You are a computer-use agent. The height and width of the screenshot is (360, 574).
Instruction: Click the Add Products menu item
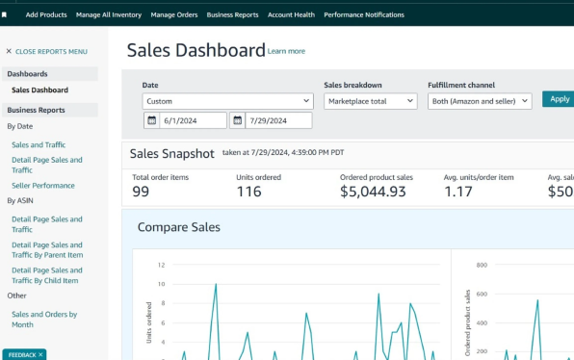click(x=46, y=15)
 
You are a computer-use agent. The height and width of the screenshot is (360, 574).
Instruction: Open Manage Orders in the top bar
click(x=174, y=15)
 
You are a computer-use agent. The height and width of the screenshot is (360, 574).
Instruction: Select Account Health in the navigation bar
click(x=291, y=15)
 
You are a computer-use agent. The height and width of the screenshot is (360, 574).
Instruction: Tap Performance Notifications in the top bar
click(x=364, y=15)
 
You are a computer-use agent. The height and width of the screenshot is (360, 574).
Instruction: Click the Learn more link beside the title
click(x=286, y=51)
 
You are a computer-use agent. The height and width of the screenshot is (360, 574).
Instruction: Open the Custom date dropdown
click(x=227, y=101)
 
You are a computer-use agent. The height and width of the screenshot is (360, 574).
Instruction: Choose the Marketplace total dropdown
click(x=371, y=101)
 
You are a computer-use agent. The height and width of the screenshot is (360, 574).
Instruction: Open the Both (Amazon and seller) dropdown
click(x=480, y=101)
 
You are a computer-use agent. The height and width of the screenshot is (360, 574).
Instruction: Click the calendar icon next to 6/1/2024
click(x=151, y=120)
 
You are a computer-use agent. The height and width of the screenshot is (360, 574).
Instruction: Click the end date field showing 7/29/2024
click(x=278, y=120)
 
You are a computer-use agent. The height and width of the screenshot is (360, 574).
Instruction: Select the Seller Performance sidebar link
click(x=43, y=186)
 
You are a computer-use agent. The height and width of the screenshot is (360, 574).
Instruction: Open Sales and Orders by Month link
click(x=44, y=320)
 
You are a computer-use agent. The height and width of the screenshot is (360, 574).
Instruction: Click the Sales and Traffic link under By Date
click(x=39, y=145)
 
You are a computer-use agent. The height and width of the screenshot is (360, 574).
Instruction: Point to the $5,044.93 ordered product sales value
click(x=373, y=192)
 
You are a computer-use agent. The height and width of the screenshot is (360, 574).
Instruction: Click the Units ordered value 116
click(x=248, y=192)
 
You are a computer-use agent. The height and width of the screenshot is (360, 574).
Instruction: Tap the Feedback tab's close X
click(x=40, y=355)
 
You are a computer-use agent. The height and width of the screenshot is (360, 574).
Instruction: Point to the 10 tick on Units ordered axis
click(x=161, y=284)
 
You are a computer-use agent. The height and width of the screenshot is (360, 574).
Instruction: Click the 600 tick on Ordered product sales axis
click(x=482, y=294)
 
